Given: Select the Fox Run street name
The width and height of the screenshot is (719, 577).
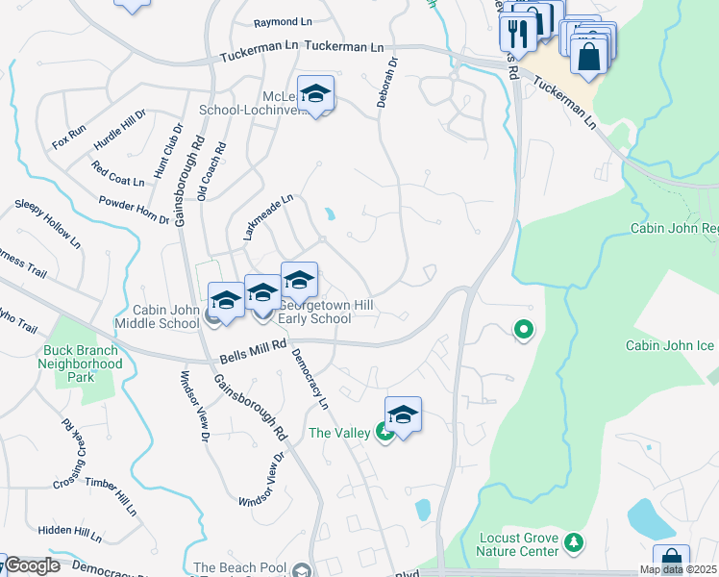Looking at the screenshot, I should pos(69,137).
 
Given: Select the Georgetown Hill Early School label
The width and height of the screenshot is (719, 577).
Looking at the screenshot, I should pos(327,313).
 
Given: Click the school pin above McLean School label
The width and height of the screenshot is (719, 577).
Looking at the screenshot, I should pos(315,93).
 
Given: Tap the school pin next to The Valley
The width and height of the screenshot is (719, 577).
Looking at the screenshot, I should pos(404,414).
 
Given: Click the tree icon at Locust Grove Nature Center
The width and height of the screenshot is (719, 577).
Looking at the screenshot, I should pos(574,541).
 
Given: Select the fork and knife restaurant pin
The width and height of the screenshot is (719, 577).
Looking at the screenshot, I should pos(517,33).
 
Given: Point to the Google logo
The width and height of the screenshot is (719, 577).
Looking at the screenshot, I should pos(31,565).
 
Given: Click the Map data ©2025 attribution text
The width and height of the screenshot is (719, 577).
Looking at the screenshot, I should pos(677,569).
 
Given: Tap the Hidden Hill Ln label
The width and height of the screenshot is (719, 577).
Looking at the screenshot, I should pos(69,531).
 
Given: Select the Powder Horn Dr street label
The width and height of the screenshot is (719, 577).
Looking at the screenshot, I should pos(134,211).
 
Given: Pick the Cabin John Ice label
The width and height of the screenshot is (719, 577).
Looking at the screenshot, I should pos(671,345).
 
